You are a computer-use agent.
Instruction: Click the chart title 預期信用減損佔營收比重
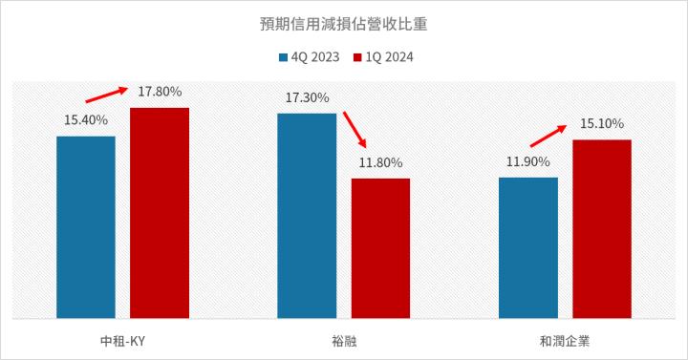pos(343,23)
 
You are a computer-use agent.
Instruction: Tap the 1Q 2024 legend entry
pos(383,56)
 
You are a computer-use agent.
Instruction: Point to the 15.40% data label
pos(86,120)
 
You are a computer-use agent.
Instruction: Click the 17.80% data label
pos(160,92)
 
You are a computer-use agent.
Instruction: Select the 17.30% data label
pos(307,97)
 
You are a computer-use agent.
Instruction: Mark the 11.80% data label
pos(380,162)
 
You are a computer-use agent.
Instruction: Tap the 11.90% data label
pos(527,161)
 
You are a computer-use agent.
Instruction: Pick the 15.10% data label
pos(602,124)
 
